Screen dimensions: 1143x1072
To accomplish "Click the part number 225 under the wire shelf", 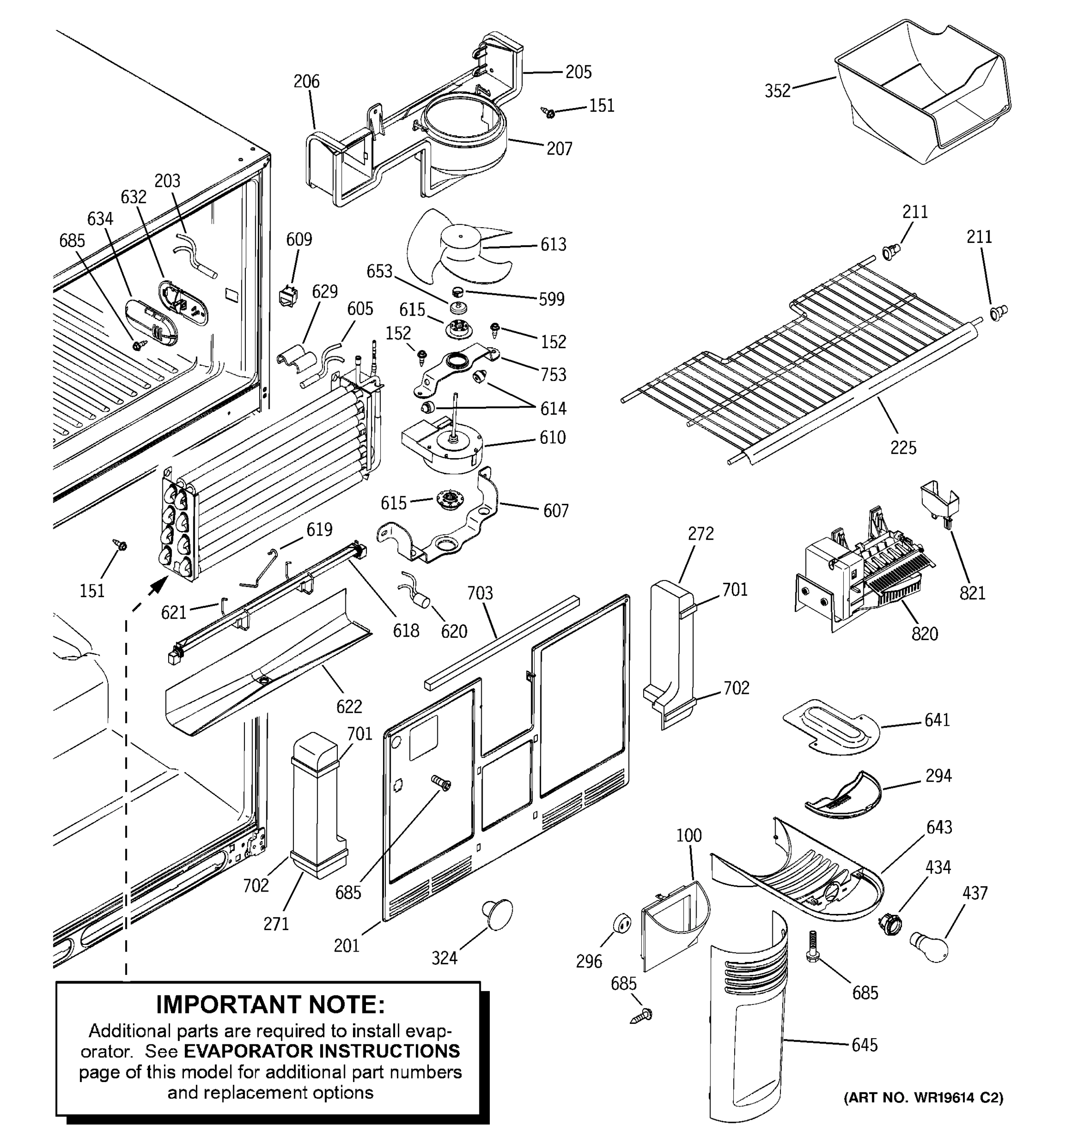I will (903, 447).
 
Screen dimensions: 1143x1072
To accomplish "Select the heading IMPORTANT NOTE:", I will (270, 1004).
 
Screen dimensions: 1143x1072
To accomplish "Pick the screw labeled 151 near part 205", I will (549, 113).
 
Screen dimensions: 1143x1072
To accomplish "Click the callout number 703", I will (480, 593).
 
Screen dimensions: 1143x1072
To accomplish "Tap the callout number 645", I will (864, 1045).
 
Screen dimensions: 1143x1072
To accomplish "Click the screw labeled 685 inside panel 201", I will (442, 782).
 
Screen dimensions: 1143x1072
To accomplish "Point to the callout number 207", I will (559, 149).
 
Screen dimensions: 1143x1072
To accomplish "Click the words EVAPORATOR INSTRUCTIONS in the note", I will (322, 1051).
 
